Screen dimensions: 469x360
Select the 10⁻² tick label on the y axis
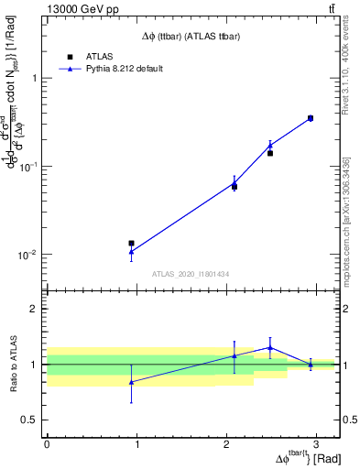30,255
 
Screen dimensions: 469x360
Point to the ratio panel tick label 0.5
31,420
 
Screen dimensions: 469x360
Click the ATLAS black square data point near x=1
131,244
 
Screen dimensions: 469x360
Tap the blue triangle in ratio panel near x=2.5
269,347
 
